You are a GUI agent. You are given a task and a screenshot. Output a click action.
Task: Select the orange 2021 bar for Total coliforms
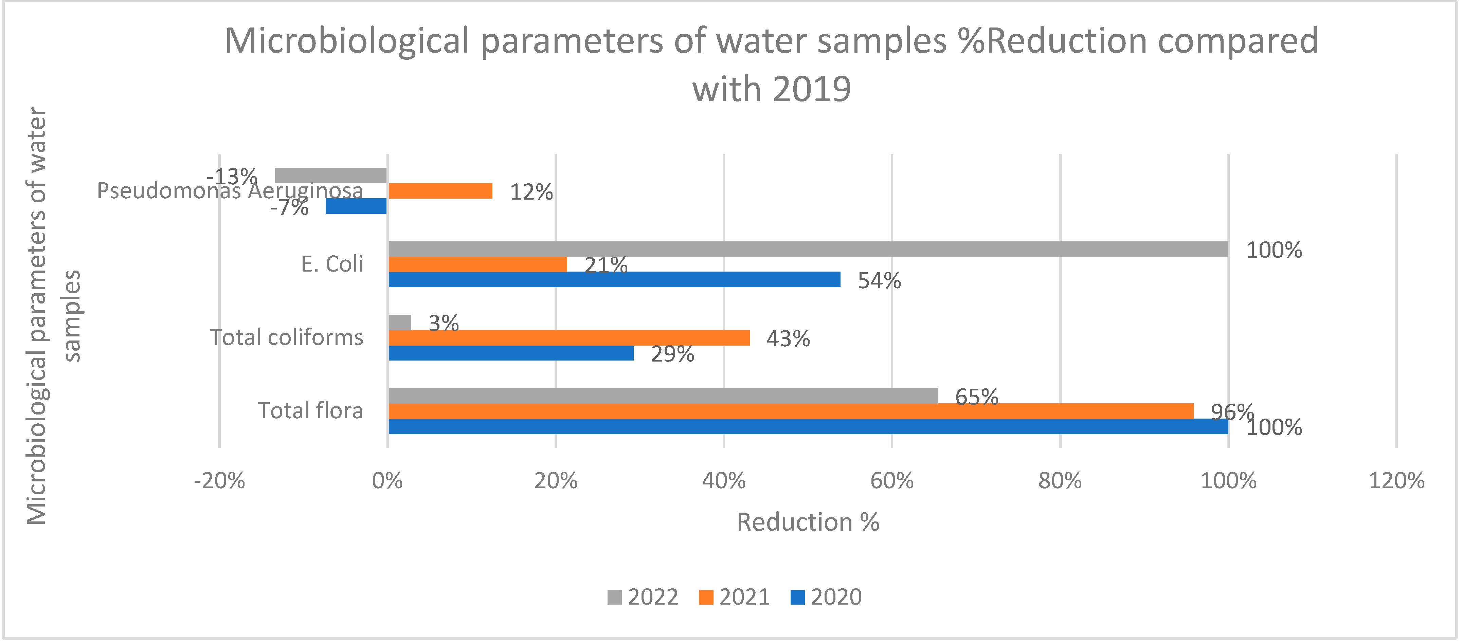click(569, 337)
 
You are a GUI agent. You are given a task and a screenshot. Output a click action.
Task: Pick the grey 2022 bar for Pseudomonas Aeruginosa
click(330, 175)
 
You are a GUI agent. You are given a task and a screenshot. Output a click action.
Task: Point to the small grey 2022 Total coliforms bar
click(400, 322)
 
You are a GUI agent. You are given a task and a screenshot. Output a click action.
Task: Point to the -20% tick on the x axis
click(220, 481)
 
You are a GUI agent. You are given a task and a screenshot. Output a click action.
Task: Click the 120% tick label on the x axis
click(1396, 481)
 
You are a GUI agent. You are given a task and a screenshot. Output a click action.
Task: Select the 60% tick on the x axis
click(891, 481)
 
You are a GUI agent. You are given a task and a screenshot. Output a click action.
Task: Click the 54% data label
click(879, 281)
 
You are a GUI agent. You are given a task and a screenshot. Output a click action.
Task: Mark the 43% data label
click(788, 339)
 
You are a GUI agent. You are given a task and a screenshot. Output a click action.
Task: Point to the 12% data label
click(531, 192)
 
